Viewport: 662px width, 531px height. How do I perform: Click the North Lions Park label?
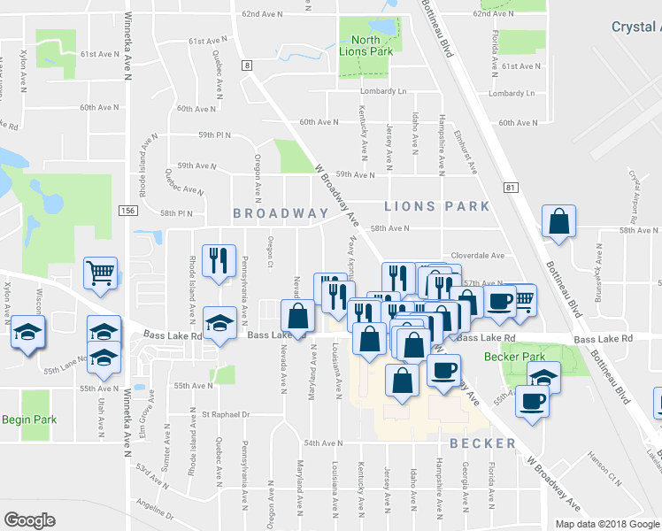(x=365, y=46)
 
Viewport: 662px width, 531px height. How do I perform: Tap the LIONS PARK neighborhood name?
(x=436, y=206)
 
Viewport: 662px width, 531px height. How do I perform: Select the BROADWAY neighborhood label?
(x=281, y=213)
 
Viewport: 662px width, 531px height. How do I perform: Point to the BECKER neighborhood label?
(x=481, y=443)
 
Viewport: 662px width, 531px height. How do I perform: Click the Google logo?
(x=30, y=519)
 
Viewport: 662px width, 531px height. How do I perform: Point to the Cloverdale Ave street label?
(x=478, y=255)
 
